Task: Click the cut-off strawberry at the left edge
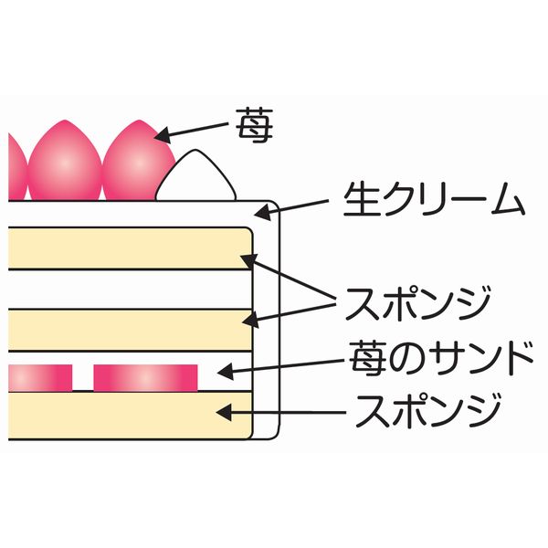click(13, 166)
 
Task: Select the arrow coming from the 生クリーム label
click(292, 207)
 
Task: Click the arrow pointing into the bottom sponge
click(283, 413)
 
